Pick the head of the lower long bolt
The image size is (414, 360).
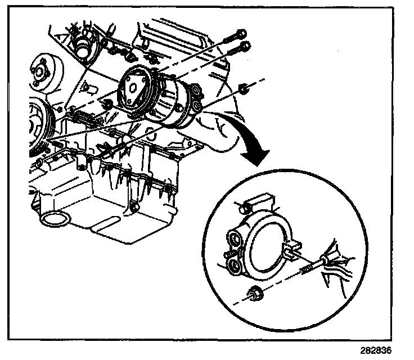(245, 47)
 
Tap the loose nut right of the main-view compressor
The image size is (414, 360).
(244, 88)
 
